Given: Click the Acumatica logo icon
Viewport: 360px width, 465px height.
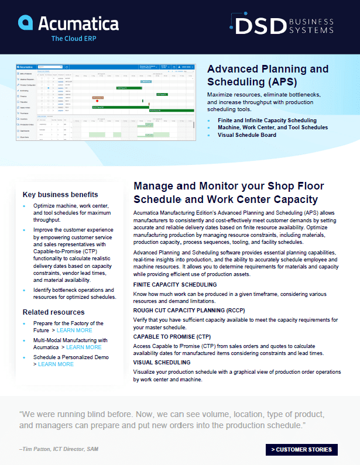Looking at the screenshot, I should tap(26, 23).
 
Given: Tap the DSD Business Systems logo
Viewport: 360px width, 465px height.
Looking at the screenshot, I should tap(282, 26).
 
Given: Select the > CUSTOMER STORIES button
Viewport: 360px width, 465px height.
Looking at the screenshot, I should tap(301, 449).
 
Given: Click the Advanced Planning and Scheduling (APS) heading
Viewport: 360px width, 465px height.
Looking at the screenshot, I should tap(268, 74).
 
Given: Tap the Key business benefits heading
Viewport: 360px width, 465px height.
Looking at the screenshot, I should tap(60, 194).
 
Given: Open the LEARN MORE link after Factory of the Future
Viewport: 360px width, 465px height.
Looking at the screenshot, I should tap(74, 330).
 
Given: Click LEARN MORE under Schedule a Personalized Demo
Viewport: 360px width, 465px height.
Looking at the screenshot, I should tap(56, 364).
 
